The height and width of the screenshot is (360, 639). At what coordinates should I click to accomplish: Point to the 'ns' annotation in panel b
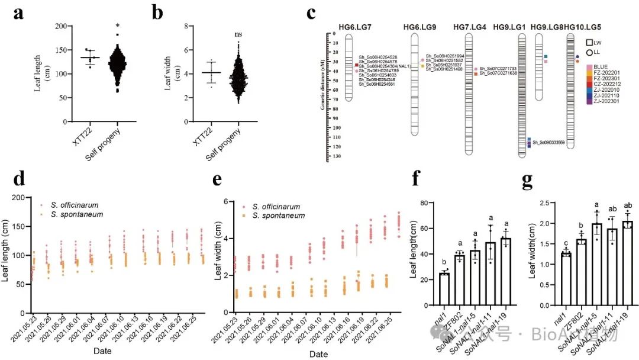[238, 35]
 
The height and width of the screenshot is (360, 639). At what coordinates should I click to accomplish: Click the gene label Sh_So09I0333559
[549, 142]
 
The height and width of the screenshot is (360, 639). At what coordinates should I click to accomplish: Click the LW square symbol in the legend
[589, 42]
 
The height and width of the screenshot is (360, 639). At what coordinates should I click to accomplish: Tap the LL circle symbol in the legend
[589, 52]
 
